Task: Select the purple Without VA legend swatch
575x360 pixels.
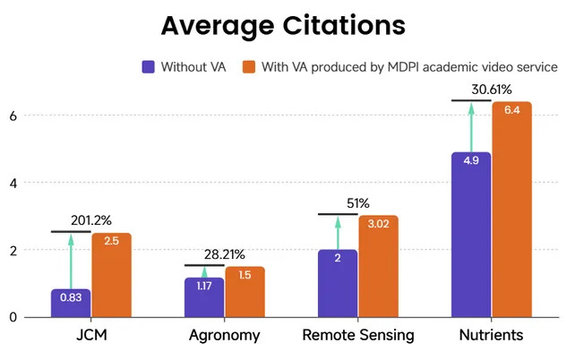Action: pyautogui.click(x=149, y=67)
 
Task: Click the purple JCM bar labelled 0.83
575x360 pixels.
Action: pyautogui.click(x=71, y=303)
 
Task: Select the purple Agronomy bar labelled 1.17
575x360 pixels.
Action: pyautogui.click(x=204, y=297)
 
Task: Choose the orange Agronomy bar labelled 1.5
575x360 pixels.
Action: pyautogui.click(x=245, y=292)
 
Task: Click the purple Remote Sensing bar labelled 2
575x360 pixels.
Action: pyautogui.click(x=338, y=283)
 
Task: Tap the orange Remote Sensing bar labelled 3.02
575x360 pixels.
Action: pyautogui.click(x=379, y=266)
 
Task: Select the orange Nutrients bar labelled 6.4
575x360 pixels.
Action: pyautogui.click(x=512, y=210)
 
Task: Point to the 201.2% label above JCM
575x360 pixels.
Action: pyautogui.click(x=92, y=219)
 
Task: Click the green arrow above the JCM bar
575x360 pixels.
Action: pyautogui.click(x=71, y=261)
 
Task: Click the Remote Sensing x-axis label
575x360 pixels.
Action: pyautogui.click(x=358, y=337)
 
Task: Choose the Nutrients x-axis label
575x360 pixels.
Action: pyautogui.click(x=491, y=337)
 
